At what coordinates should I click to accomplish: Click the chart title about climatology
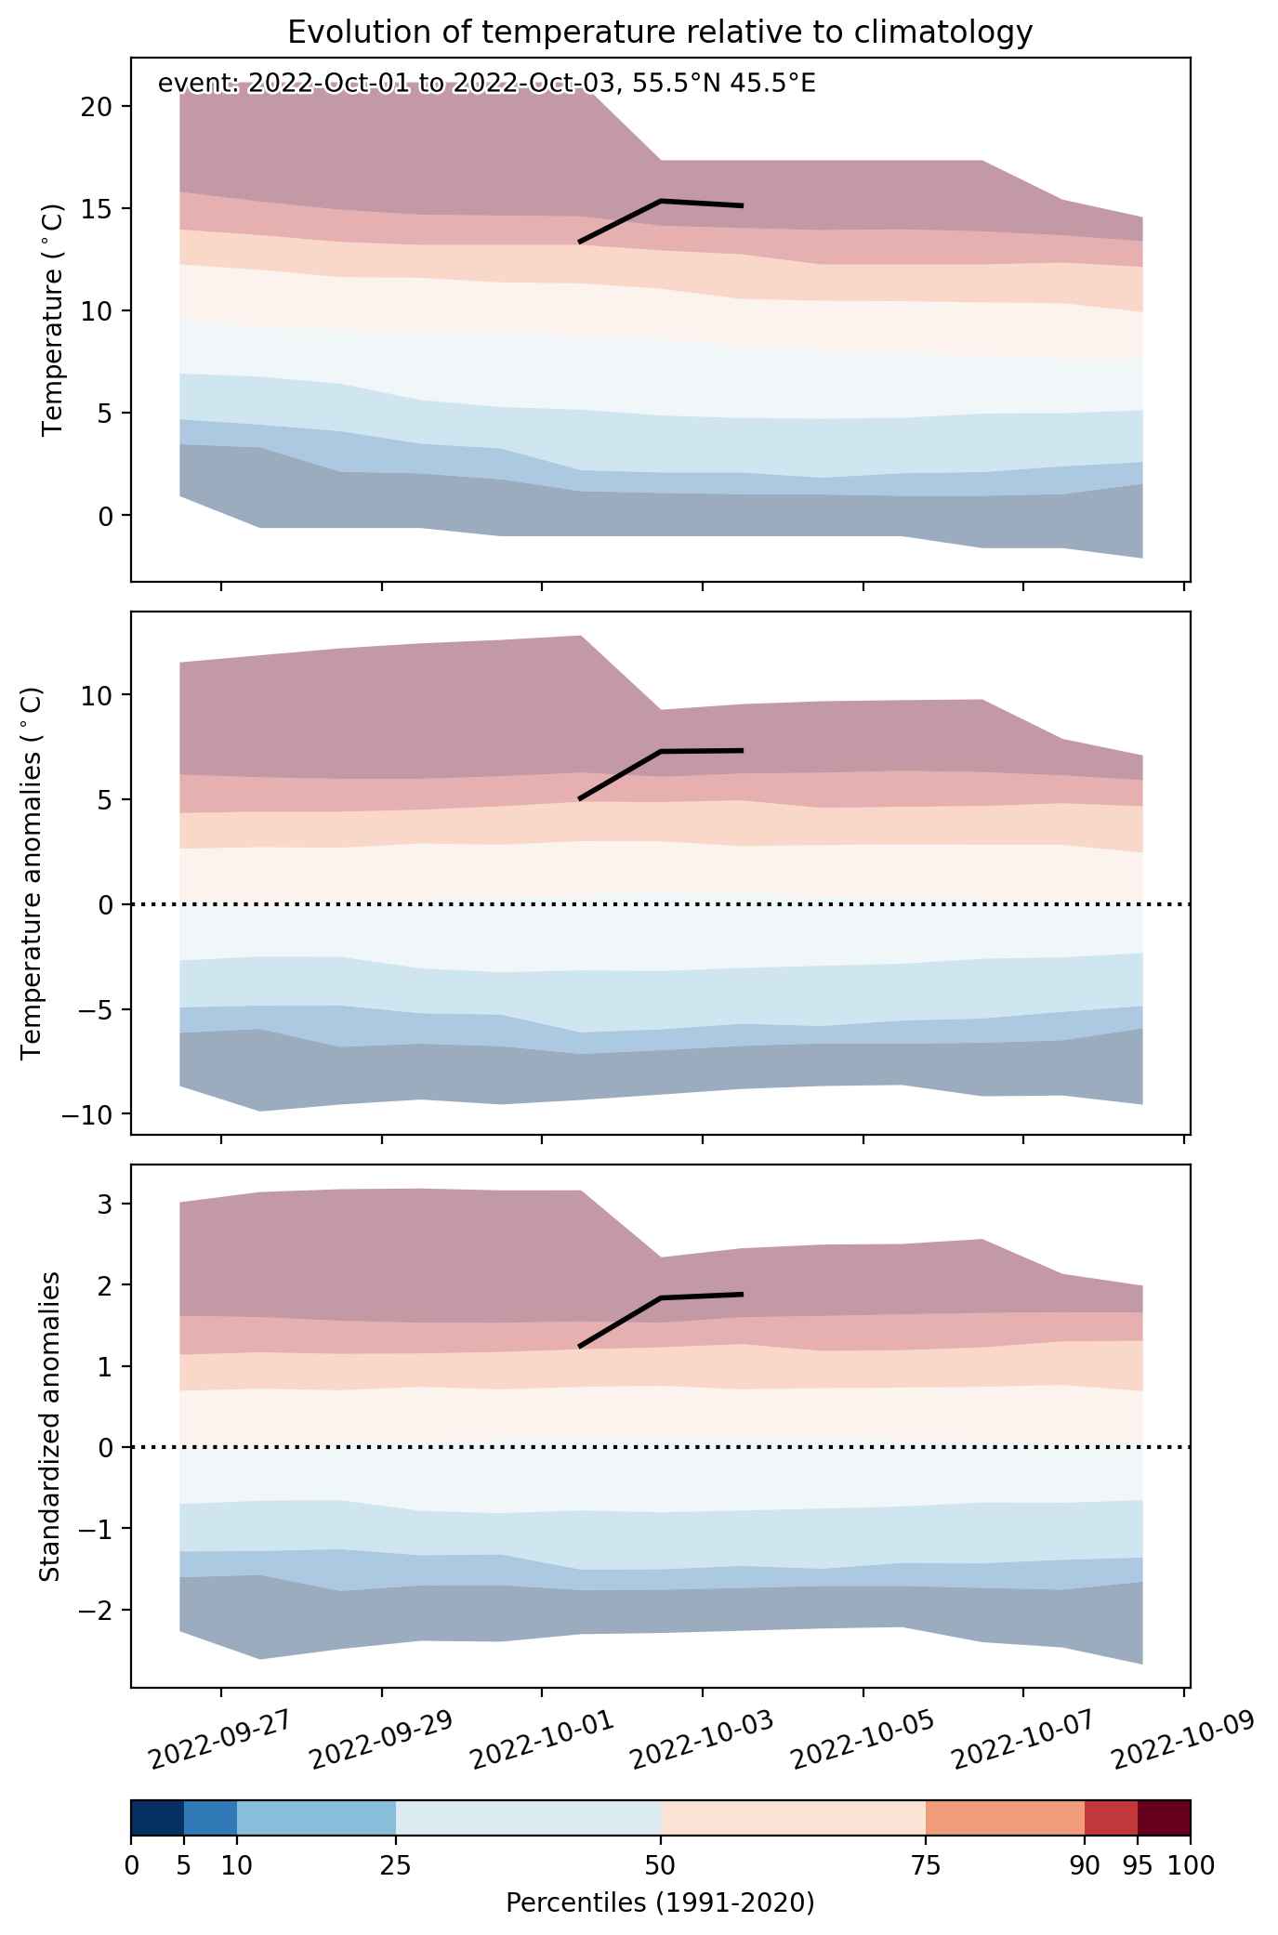tap(660, 33)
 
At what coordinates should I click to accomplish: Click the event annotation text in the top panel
tap(487, 85)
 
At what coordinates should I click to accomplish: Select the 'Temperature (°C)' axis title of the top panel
tap(53, 320)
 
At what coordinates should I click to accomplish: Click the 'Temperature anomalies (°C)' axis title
tap(31, 873)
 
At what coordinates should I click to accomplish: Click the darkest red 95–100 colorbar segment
tap(1165, 1818)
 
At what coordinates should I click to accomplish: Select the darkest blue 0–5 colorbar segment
tap(157, 1818)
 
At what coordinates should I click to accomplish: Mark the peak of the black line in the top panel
tap(660, 200)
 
